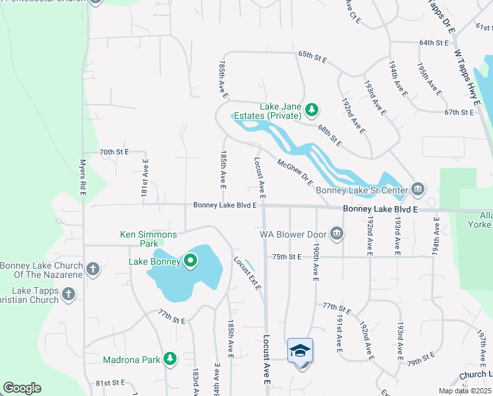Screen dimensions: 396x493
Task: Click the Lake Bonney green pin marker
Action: point(190,261)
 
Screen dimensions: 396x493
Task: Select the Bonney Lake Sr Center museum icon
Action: point(417,190)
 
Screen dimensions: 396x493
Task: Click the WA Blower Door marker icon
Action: point(337,233)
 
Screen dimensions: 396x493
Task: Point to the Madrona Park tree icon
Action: point(171,358)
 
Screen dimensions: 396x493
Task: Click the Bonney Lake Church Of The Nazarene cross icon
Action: point(93,269)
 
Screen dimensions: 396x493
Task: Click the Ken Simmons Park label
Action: point(148,234)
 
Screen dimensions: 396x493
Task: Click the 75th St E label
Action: point(286,256)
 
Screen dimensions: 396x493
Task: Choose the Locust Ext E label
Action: point(247,272)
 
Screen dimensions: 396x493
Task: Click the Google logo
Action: point(22,388)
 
